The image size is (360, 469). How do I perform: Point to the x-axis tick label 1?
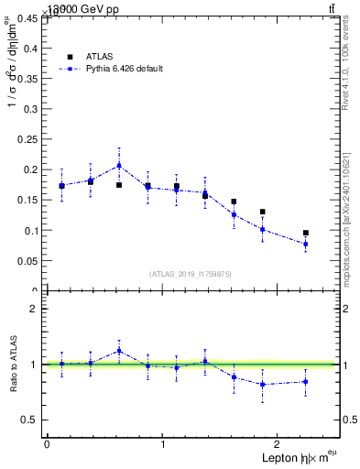pos(163,444)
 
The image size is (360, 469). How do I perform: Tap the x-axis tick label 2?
pos(278,444)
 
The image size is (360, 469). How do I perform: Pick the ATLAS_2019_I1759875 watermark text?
pos(191,274)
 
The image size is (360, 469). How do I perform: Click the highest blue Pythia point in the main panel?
pos(119,165)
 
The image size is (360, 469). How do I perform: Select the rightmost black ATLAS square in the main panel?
pos(306,233)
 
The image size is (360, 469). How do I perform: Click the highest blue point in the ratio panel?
pos(119,350)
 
